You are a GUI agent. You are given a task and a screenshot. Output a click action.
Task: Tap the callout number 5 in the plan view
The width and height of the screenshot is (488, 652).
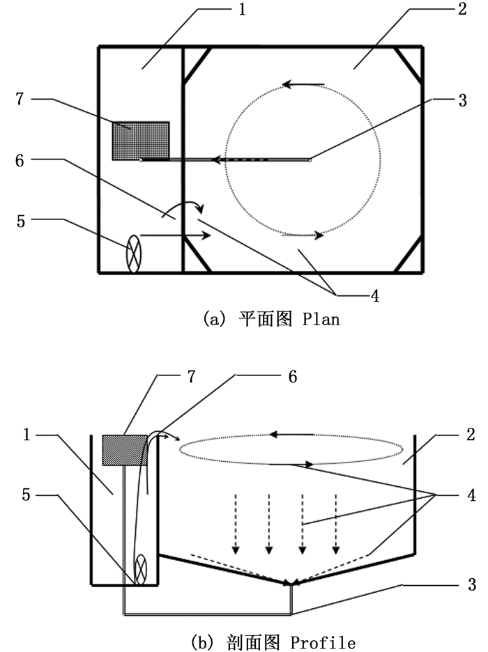20,222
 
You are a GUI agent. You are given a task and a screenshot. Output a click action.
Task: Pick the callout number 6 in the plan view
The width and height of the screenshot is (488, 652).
20,160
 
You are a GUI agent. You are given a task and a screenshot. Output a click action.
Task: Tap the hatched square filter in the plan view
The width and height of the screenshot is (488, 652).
141,140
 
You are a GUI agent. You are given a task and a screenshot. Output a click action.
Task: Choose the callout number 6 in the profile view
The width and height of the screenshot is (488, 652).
292,377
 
